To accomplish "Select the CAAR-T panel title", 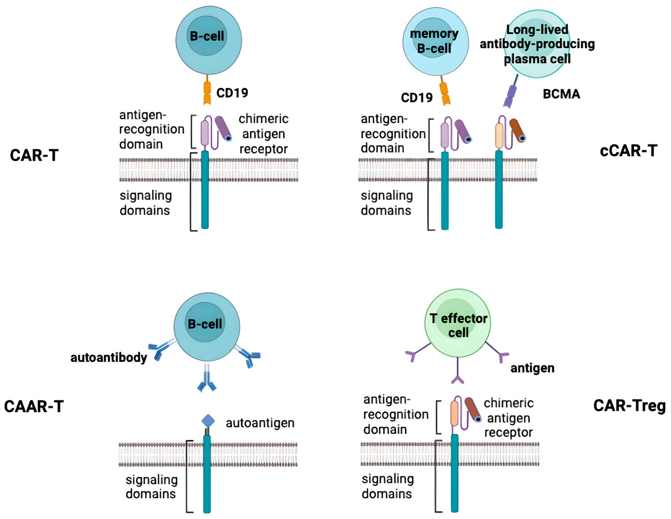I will [x=34, y=407].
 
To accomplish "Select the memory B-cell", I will [x=435, y=42].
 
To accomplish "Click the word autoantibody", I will [x=109, y=358].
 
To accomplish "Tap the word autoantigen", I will [x=260, y=423].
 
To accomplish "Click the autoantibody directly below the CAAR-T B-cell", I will [x=207, y=381].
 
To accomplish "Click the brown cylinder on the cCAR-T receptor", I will [x=517, y=131].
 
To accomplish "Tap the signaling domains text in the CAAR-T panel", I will [x=151, y=487].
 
